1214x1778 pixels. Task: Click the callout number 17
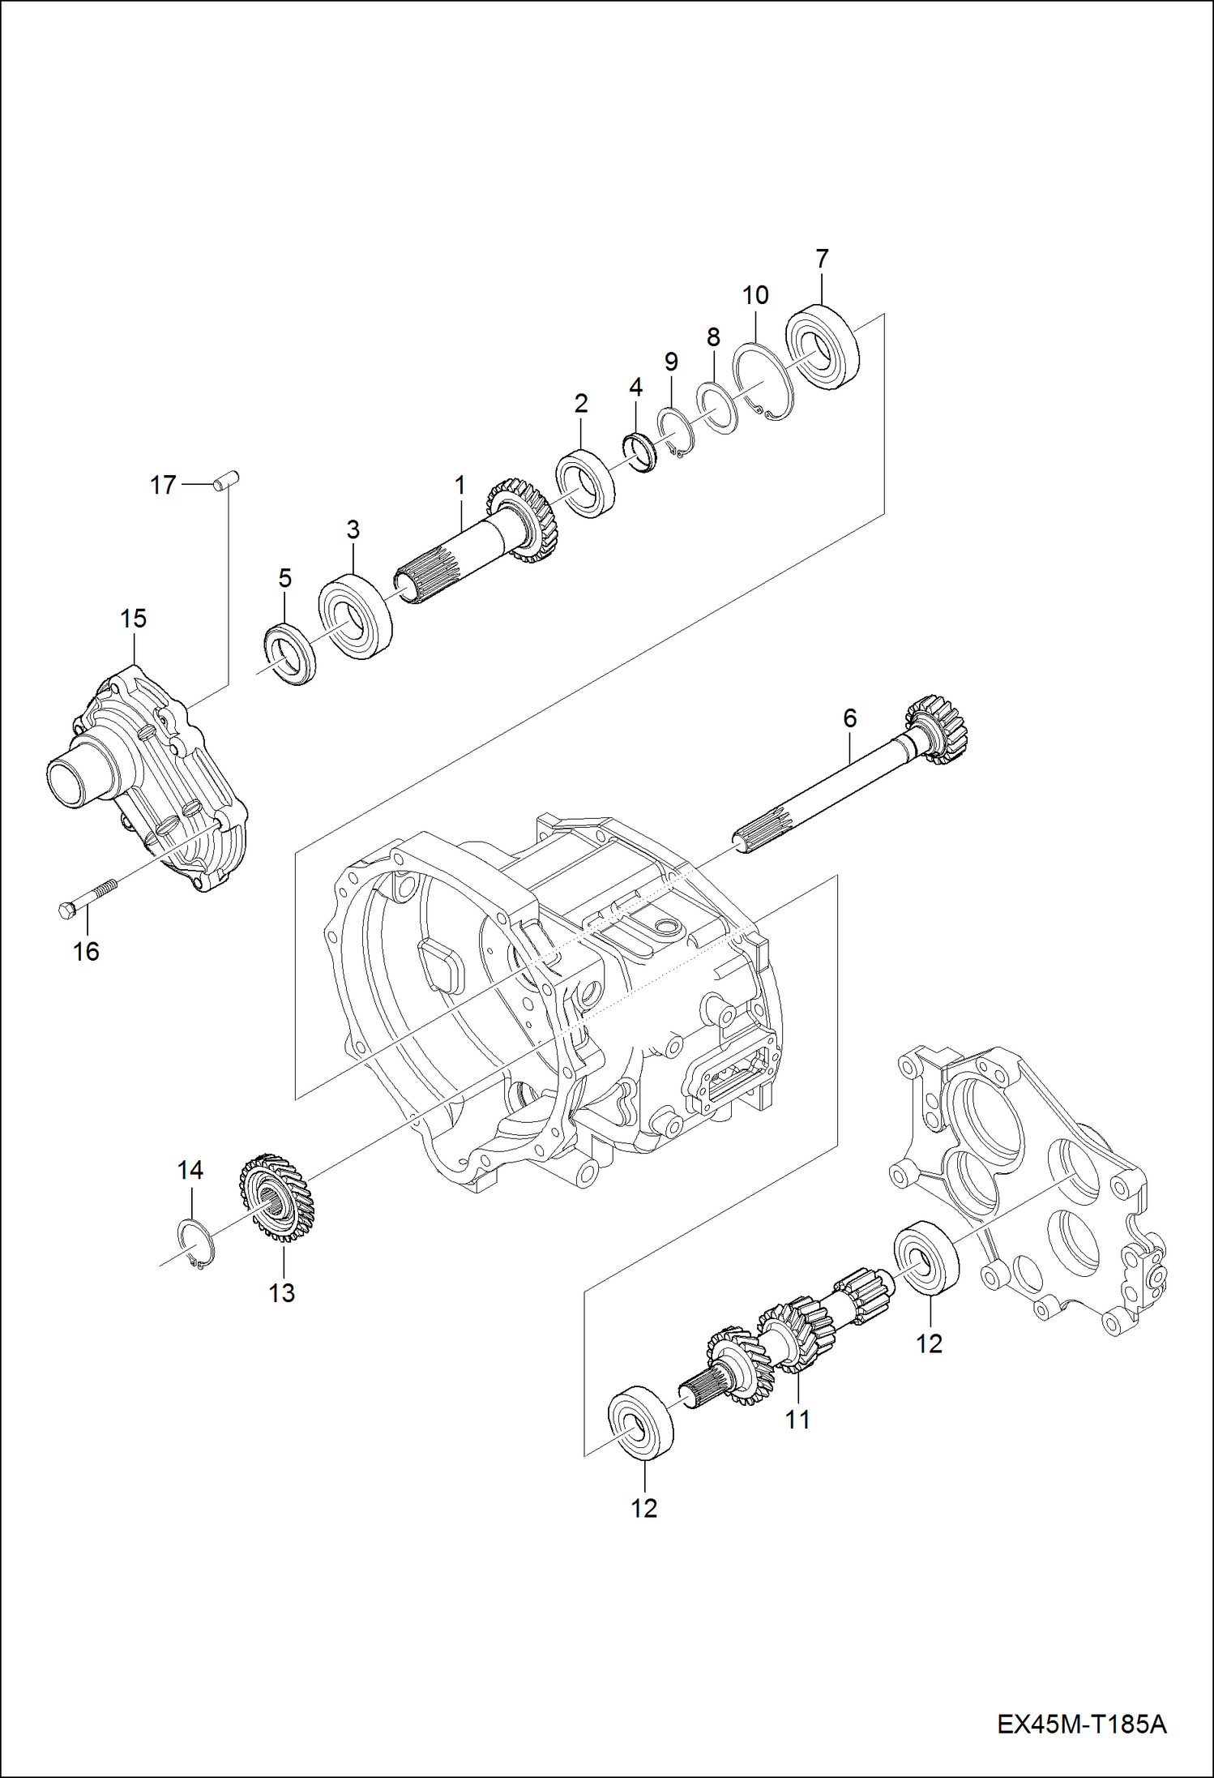coord(163,485)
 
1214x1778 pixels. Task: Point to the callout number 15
coord(133,619)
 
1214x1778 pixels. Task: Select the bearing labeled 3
coord(355,617)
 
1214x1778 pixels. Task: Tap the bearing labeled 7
coord(823,345)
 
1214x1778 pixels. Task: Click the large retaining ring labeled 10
coord(763,383)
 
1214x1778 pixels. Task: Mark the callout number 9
coord(670,362)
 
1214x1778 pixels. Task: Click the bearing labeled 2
coord(583,485)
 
